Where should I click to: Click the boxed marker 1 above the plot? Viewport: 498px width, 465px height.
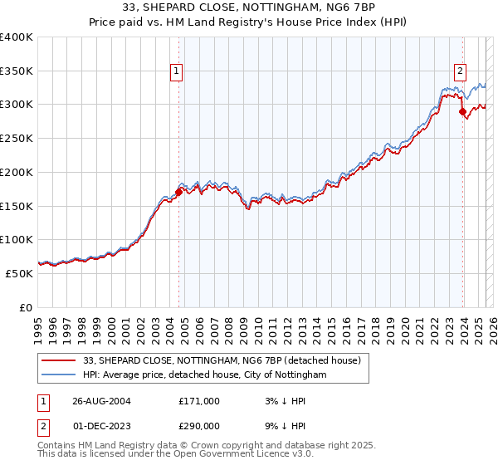click(x=178, y=72)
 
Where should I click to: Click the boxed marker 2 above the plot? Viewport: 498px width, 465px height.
click(x=459, y=72)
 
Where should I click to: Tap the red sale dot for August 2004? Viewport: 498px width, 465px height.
click(x=178, y=192)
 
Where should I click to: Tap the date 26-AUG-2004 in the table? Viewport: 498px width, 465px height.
click(x=95, y=401)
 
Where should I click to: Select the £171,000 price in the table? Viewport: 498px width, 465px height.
click(x=199, y=401)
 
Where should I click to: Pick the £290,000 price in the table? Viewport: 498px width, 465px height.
click(x=199, y=426)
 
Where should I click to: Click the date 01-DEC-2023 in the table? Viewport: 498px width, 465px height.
click(x=95, y=426)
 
